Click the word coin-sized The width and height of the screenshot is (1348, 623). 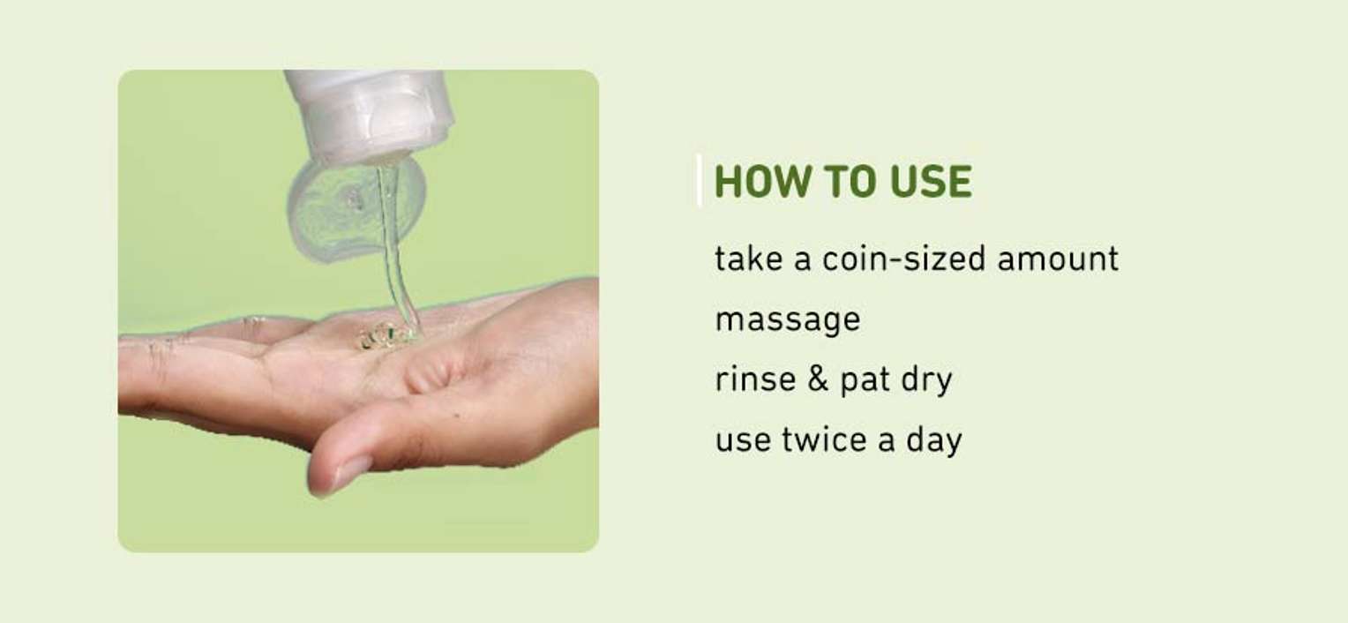tap(904, 259)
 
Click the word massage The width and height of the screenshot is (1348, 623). tap(788, 320)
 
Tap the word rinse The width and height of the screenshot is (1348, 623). tap(755, 379)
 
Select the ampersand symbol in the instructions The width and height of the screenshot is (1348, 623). tap(817, 379)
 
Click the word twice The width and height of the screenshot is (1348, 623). tap(824, 439)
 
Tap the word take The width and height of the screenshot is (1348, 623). tap(749, 259)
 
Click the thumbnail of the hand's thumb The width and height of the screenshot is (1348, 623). tap(353, 471)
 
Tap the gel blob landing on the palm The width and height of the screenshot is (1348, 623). tap(379, 334)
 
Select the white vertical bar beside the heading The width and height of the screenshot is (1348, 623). tap(699, 181)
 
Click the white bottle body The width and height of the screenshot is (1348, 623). tap(370, 115)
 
